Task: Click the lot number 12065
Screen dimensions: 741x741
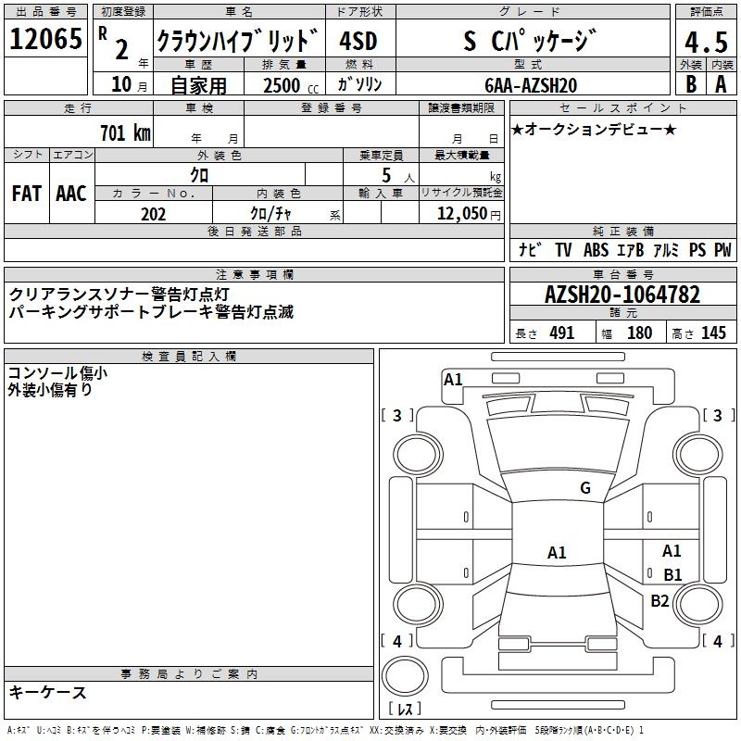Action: pos(44,40)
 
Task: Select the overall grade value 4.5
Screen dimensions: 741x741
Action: pos(705,44)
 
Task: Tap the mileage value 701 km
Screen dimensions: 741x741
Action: pos(124,133)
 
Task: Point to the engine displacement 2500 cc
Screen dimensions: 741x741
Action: pos(283,85)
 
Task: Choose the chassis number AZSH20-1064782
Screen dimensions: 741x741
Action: pos(622,295)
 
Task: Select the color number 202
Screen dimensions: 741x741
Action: pos(153,214)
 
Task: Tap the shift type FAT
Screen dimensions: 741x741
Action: pos(26,194)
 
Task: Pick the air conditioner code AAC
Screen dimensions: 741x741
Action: pos(71,194)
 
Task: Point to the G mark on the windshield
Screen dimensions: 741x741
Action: pos(584,488)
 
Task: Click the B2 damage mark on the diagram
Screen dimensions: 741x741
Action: pos(659,600)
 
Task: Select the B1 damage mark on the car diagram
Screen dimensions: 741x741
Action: pos(672,574)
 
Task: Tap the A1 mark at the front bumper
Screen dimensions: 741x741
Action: pos(453,379)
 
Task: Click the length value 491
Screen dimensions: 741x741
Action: pos(562,333)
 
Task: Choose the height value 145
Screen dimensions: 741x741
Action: pos(713,333)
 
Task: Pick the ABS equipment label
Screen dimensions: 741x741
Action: pos(596,250)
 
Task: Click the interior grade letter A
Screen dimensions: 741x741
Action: pos(720,83)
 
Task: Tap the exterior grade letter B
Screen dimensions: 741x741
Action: pos(690,83)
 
